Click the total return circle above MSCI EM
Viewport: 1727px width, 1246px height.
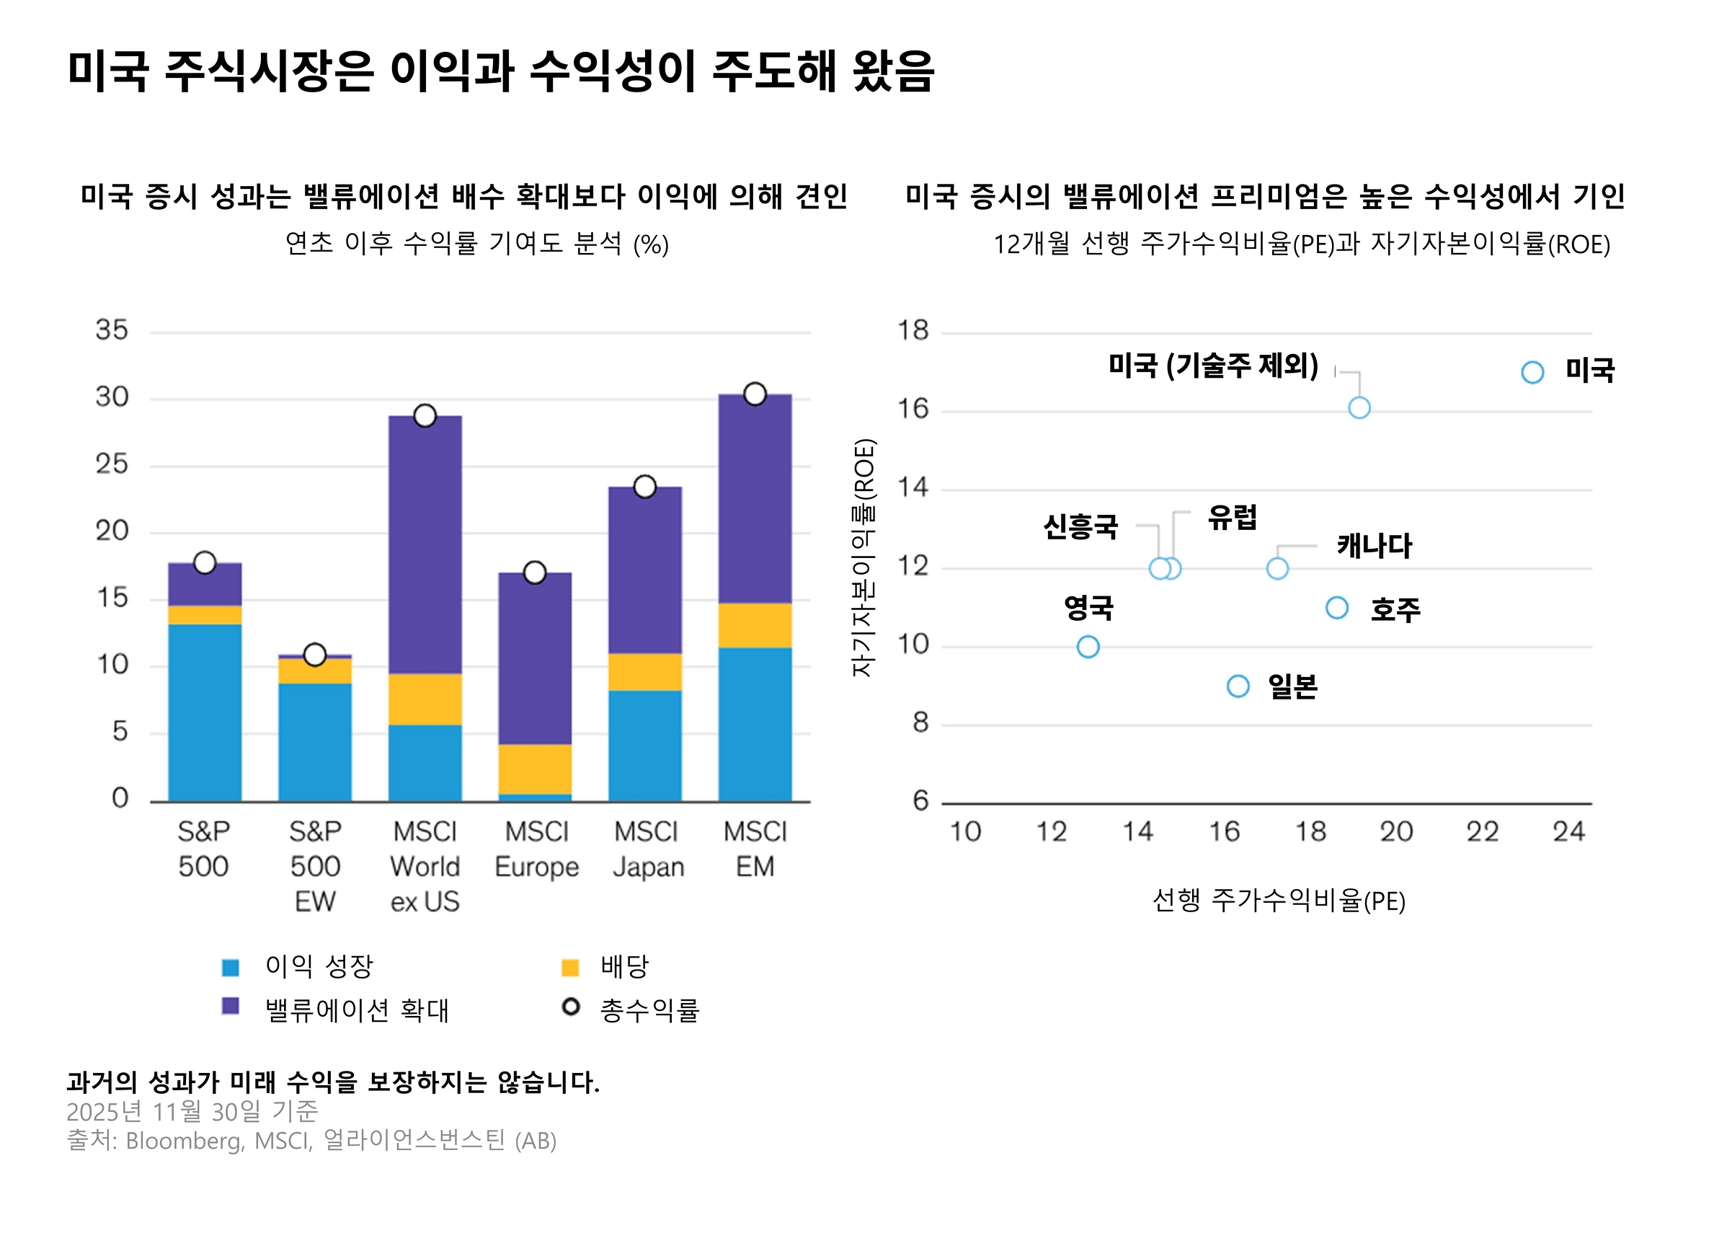[755, 394]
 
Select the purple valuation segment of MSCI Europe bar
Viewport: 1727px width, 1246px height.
[535, 658]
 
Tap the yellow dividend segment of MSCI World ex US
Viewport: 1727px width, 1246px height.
[425, 699]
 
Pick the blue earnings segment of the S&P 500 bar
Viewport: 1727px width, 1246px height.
[205, 712]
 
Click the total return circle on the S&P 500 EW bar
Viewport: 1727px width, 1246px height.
[314, 654]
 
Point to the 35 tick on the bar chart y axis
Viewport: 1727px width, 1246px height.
[112, 330]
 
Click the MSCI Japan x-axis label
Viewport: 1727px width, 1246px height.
[648, 849]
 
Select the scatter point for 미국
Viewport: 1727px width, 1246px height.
[1532, 372]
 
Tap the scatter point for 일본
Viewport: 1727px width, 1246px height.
[1238, 686]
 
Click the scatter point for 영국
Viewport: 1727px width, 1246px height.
[1088, 647]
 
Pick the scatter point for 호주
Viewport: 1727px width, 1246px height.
[1337, 608]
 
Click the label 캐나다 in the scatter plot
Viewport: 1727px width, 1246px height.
[1375, 546]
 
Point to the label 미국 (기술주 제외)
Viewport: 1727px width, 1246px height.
[1213, 366]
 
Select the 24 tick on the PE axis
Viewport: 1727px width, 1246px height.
[1568, 831]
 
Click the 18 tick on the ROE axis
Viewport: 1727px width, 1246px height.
[913, 330]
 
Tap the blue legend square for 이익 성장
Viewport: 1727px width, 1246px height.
[230, 967]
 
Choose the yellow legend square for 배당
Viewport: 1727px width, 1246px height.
[569, 967]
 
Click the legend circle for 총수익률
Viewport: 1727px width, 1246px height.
[570, 1007]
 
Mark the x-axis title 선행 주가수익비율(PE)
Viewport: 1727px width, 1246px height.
[1279, 901]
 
